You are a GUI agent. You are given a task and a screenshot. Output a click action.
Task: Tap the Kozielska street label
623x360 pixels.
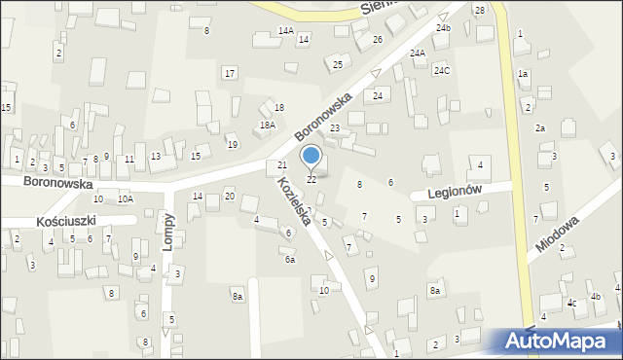point(293,201)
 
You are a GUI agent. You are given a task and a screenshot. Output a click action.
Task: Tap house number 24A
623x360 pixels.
point(418,54)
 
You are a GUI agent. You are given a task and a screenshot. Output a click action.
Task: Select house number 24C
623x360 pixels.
point(442,70)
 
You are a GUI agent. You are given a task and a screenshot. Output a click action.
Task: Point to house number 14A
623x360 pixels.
point(285,31)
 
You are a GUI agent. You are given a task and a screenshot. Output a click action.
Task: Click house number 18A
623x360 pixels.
point(267,126)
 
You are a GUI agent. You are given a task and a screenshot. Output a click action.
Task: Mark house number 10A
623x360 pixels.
point(125,198)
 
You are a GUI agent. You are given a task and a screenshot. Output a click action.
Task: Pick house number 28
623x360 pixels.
point(479,10)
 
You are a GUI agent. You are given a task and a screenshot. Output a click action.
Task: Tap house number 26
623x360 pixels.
point(377,40)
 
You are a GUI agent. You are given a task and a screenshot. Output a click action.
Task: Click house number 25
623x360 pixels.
point(338,65)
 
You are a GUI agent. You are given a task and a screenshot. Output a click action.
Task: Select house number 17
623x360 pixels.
point(229,74)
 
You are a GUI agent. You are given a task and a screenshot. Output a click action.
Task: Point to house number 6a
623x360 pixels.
point(289,260)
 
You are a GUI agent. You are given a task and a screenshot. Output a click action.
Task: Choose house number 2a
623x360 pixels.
point(539,128)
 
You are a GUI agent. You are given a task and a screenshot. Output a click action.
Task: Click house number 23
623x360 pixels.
point(334,128)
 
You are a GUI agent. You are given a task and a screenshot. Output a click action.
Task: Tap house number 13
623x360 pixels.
point(155,157)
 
